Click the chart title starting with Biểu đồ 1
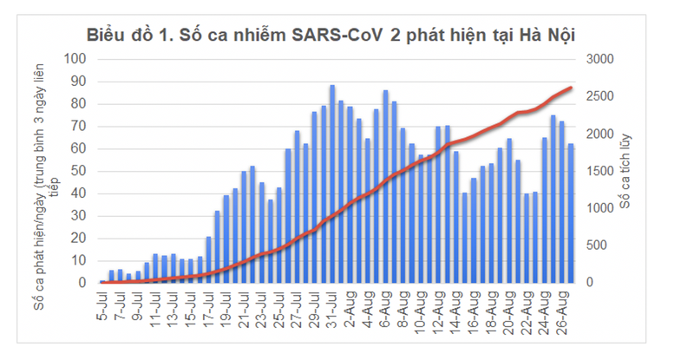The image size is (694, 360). [331, 35]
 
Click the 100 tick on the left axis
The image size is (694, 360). [78, 59]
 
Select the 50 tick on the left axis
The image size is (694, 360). [82, 171]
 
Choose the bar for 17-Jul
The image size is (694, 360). [208, 259]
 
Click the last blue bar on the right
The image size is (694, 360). [571, 213]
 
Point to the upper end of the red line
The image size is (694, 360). [570, 88]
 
